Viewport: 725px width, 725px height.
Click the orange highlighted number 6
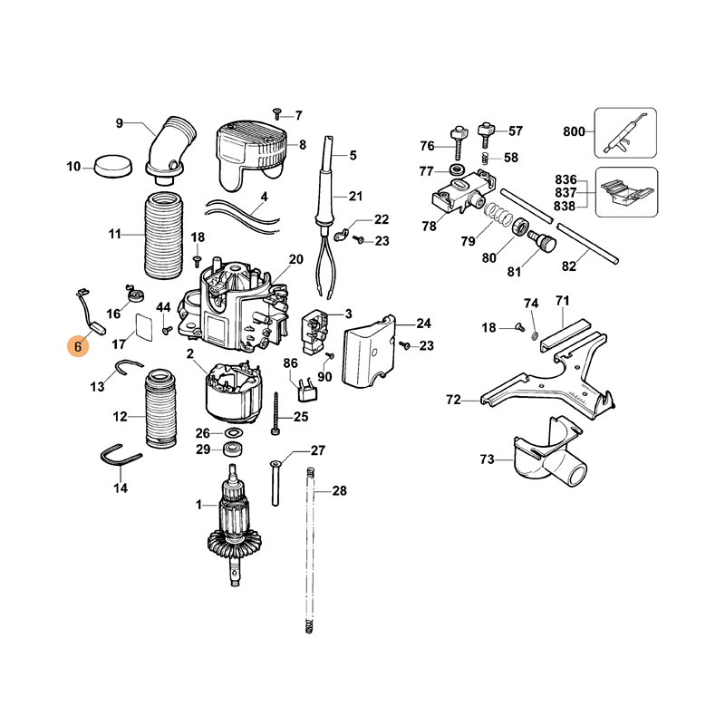coord(78,346)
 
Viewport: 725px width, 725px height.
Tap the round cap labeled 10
coord(112,166)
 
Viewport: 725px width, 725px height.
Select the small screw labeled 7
coord(277,113)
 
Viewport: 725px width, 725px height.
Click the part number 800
coord(574,131)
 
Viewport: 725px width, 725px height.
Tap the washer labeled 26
coord(235,433)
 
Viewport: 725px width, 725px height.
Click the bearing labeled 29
coord(233,449)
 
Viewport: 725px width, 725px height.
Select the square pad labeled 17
coord(144,327)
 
